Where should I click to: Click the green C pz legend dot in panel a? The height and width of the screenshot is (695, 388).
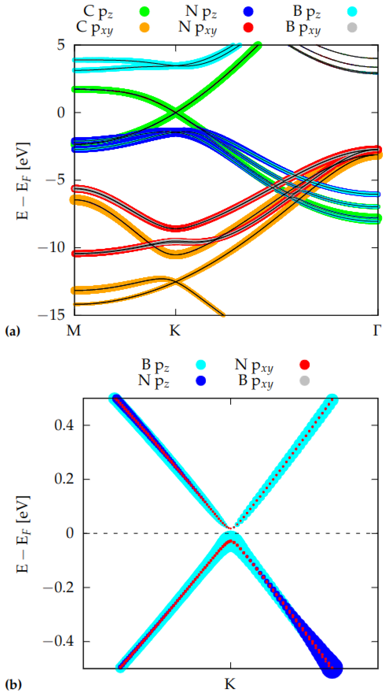pyautogui.click(x=144, y=11)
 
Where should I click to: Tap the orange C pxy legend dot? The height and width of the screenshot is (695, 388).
pyautogui.click(x=144, y=27)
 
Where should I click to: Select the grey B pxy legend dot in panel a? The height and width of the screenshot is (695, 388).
pyautogui.click(x=352, y=27)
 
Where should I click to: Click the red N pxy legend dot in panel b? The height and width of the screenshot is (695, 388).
pyautogui.click(x=304, y=365)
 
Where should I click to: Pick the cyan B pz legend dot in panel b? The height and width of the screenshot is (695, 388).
pyautogui.click(x=201, y=365)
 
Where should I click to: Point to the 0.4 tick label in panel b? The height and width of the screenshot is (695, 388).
pyautogui.click(x=64, y=425)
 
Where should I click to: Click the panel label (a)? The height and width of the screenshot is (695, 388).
pyautogui.click(x=12, y=331)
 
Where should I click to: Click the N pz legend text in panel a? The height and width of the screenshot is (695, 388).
pyautogui.click(x=201, y=11)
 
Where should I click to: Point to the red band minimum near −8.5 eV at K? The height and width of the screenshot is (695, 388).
pyautogui.click(x=176, y=228)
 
